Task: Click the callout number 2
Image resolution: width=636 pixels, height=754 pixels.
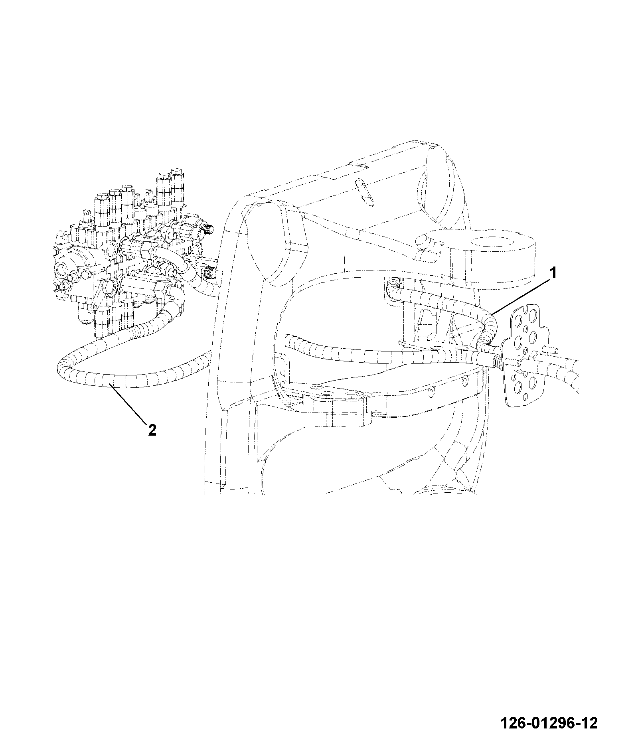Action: click(x=152, y=430)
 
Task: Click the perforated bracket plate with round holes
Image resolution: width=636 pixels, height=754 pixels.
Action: click(x=523, y=355)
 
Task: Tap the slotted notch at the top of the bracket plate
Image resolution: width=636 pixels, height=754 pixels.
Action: click(x=529, y=308)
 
